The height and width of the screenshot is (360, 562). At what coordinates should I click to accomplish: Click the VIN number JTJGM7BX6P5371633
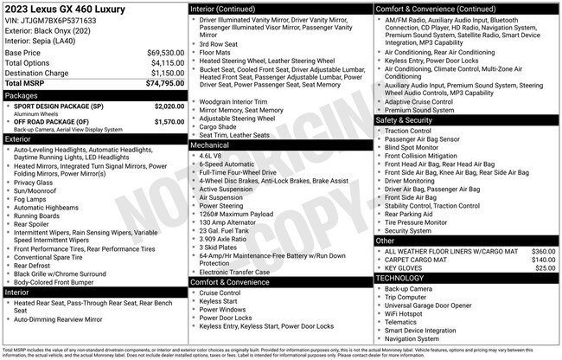click(51, 20)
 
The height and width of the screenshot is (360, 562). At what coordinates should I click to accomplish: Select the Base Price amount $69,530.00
click(161, 53)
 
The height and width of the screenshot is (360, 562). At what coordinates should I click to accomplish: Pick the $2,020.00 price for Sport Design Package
click(164, 106)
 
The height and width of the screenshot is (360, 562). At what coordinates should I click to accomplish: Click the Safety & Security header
click(406, 119)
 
